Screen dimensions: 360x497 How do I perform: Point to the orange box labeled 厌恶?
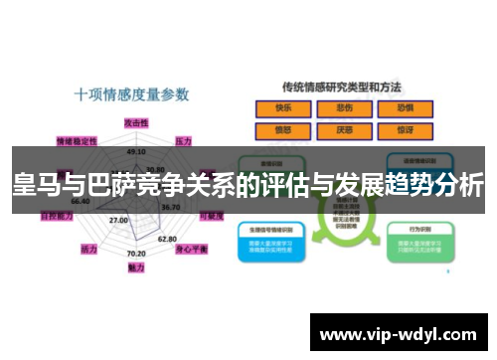coord(344,129)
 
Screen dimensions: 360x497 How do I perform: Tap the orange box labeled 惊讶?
coord(405,129)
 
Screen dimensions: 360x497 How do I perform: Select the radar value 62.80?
coord(167,239)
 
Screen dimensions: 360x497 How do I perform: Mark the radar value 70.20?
coord(136,255)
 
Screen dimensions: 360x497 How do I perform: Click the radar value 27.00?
coord(118,220)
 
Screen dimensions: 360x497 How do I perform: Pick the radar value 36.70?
coord(170,207)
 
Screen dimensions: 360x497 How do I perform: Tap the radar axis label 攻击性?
coord(136,120)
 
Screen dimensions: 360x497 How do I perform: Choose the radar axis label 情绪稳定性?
coord(77,140)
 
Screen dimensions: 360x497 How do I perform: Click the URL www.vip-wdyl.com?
coord(404,333)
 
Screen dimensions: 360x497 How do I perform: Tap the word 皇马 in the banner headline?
coord(35,185)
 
